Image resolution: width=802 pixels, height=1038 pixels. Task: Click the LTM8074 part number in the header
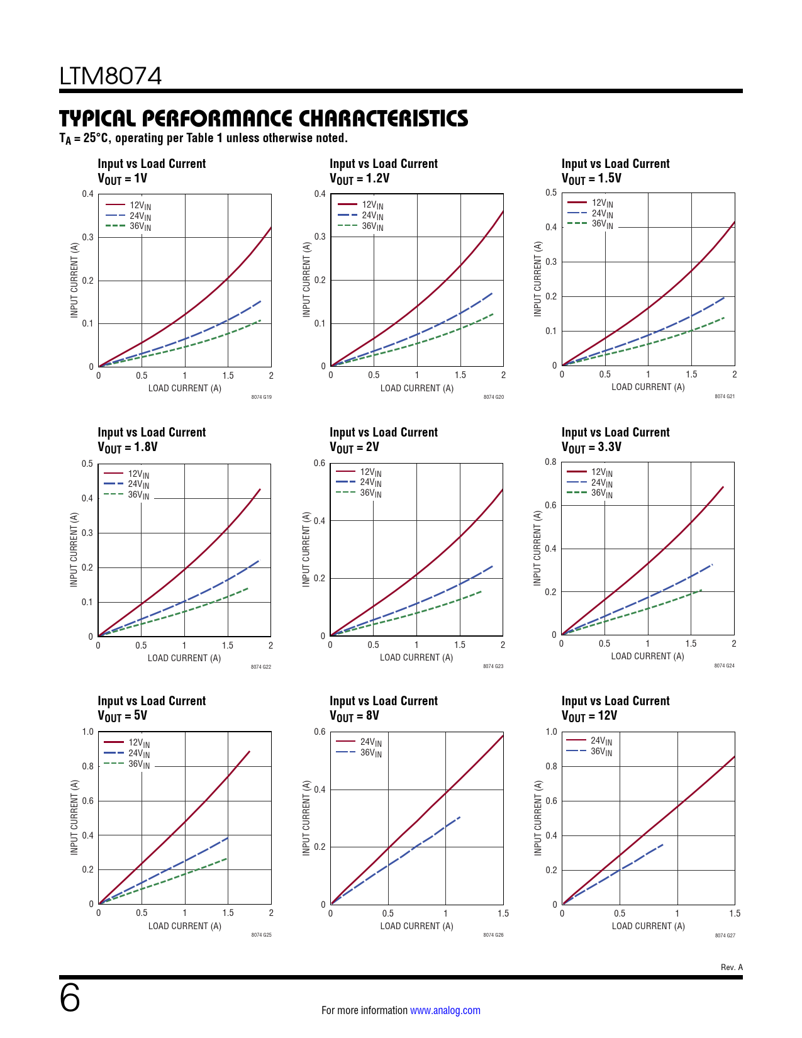(111, 76)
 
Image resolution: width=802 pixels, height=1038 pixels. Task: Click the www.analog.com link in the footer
(445, 1010)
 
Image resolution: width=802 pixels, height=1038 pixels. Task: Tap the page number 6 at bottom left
(70, 998)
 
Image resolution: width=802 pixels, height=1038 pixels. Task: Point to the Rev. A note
(732, 967)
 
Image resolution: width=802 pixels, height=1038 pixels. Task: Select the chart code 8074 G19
(261, 397)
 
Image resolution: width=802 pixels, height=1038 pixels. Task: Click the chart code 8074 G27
(725, 935)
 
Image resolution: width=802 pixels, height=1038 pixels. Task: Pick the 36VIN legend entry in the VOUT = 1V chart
(140, 226)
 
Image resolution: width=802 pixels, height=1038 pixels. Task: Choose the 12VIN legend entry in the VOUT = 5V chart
(139, 743)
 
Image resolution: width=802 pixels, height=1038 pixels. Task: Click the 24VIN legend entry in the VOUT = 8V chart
(370, 742)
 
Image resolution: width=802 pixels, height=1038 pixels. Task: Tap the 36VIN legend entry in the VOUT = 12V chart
(601, 752)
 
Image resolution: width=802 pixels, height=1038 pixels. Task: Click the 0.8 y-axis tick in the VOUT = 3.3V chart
(550, 462)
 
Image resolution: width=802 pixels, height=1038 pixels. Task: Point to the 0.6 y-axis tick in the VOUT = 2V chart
(320, 463)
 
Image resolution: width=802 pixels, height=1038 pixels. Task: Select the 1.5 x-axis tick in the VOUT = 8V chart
(503, 913)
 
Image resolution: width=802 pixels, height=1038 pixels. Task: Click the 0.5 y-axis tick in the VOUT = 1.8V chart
(87, 464)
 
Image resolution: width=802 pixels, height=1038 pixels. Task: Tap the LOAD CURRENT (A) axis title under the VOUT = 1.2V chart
(416, 388)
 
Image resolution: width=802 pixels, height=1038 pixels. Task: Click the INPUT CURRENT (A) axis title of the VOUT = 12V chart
(538, 818)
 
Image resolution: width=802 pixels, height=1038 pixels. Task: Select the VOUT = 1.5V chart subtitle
(591, 179)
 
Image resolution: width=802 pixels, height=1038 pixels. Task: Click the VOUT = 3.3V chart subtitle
(591, 447)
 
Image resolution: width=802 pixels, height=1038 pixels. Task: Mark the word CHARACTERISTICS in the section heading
(383, 118)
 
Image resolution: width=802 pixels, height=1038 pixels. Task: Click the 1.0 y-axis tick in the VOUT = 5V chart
(87, 732)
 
